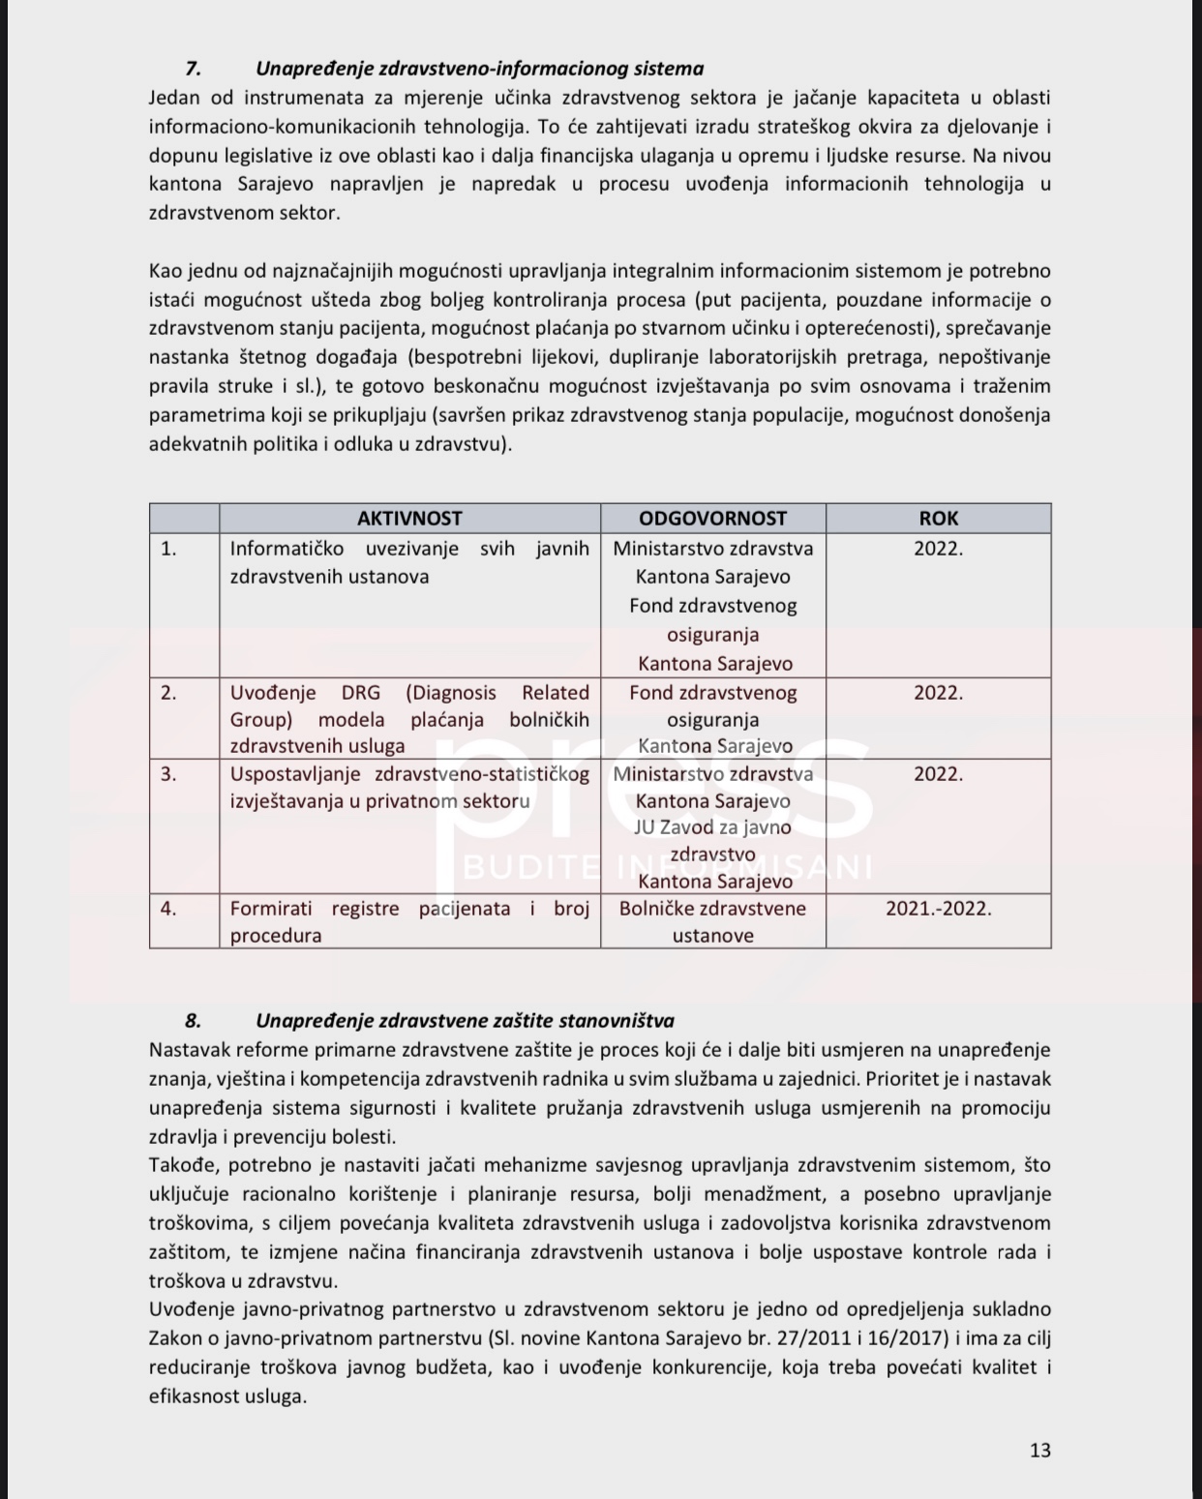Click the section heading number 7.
pyautogui.click(x=193, y=69)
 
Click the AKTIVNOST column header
pyautogui.click(x=409, y=519)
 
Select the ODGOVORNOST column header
pyautogui.click(x=713, y=519)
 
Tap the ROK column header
pyautogui.click(x=938, y=519)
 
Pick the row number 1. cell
pyautogui.click(x=168, y=549)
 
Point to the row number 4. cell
pyautogui.click(x=168, y=909)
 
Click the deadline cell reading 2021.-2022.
pyautogui.click(x=938, y=909)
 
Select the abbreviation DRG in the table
pyautogui.click(x=361, y=693)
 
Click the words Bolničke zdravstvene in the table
pyautogui.click(x=712, y=909)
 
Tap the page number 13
pyautogui.click(x=1040, y=1450)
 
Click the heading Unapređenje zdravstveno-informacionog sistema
pyautogui.click(x=479, y=69)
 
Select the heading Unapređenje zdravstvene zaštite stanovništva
pyautogui.click(x=465, y=1021)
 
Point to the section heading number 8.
pyautogui.click(x=193, y=1021)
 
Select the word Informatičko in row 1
pyautogui.click(x=286, y=549)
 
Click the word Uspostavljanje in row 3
pyautogui.click(x=295, y=774)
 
